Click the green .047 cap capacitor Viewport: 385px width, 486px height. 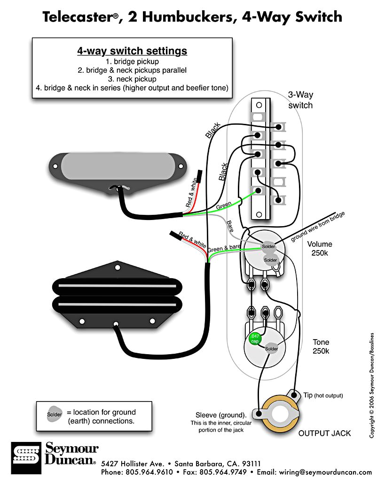254,339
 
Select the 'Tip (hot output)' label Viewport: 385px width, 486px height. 323,395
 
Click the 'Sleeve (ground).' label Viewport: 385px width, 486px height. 221,415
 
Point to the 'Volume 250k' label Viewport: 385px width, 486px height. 320,249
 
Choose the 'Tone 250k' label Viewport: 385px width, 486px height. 321,347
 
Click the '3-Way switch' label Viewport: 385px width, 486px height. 300,100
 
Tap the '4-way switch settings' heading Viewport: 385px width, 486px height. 132,51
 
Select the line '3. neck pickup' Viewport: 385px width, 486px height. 132,79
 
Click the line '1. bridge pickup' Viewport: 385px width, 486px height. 132,61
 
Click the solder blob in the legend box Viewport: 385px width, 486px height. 54,414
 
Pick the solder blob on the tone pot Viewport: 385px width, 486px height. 272,349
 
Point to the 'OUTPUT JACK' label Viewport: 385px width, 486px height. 324,433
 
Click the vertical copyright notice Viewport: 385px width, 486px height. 372,385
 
